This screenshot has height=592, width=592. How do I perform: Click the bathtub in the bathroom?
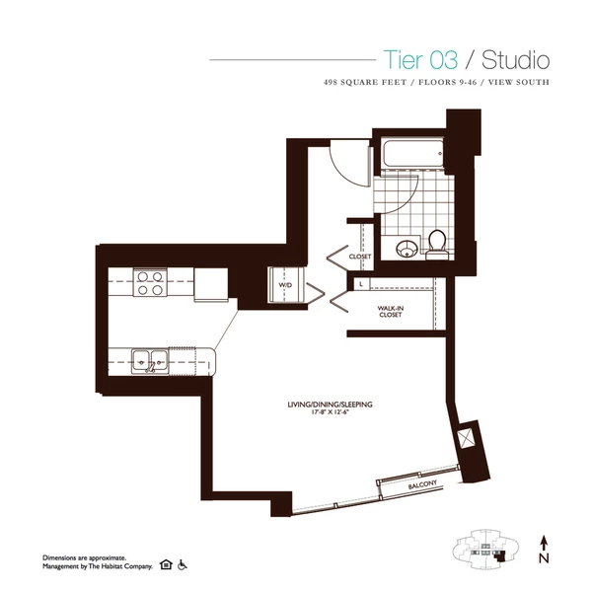coord(411,157)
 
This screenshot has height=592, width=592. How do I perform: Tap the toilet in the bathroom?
coord(436,242)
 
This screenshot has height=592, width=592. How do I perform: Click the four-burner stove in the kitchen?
coord(150,283)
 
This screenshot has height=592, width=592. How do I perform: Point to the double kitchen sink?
coord(150,360)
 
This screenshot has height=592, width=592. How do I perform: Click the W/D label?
coord(285,284)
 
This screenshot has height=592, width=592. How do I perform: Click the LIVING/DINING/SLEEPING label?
coord(322,405)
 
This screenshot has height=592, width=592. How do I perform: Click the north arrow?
coord(543,541)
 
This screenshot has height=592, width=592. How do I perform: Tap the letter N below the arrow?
coord(543,559)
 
